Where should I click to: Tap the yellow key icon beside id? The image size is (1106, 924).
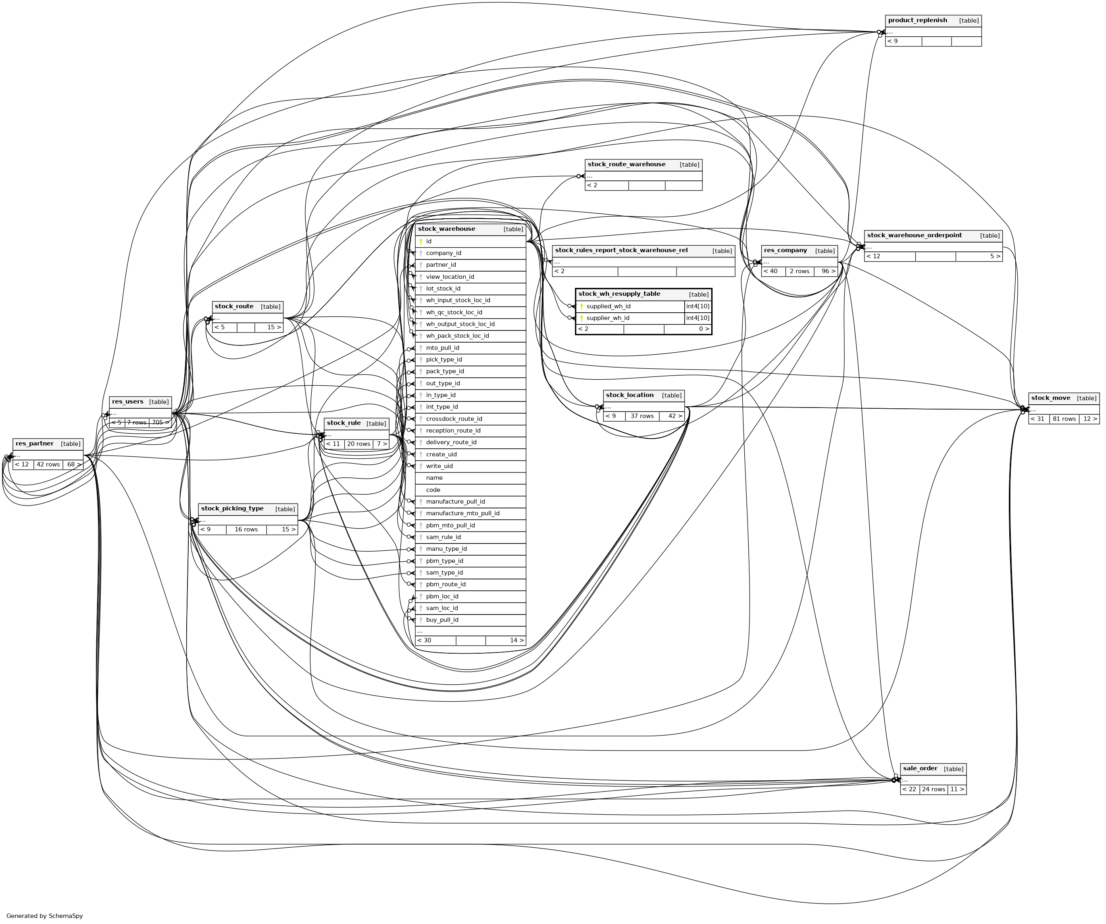(421, 241)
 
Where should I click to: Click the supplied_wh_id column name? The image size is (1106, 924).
(608, 307)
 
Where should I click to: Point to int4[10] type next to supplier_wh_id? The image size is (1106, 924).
(697, 318)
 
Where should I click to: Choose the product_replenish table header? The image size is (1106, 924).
(917, 21)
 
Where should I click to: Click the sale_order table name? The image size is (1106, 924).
(920, 769)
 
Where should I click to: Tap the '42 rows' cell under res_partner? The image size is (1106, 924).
(48, 465)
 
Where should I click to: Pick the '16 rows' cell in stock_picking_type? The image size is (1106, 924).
(246, 530)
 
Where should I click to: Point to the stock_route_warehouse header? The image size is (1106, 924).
(626, 165)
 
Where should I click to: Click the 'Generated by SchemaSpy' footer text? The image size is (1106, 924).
(45, 916)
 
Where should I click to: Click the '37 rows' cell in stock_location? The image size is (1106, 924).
(642, 416)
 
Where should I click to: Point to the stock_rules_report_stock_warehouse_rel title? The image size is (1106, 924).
(621, 251)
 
